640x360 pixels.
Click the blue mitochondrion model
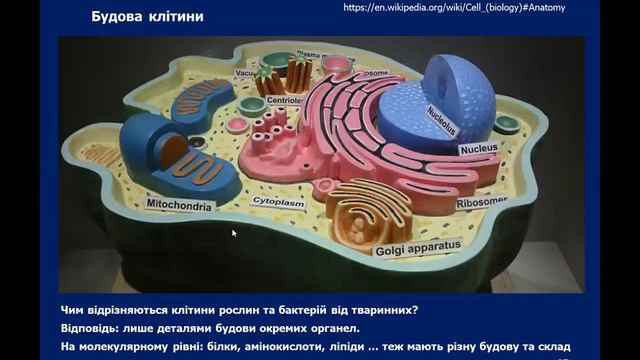(164, 149)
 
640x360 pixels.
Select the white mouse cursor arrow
(234, 233)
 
